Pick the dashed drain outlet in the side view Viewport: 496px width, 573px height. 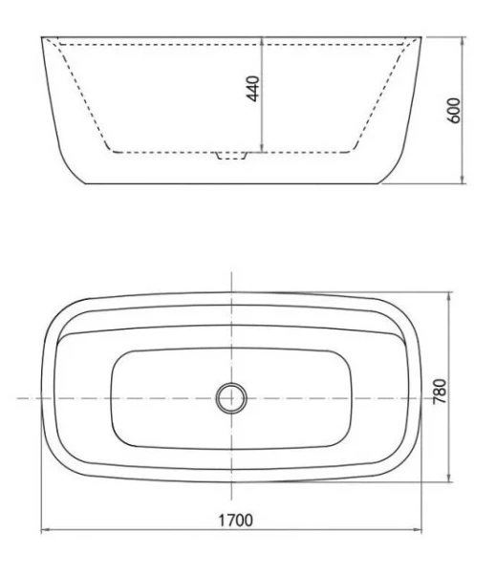(231, 154)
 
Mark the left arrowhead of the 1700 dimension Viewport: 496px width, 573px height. (44, 531)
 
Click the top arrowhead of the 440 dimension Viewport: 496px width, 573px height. (264, 40)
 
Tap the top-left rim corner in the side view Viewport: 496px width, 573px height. (42, 37)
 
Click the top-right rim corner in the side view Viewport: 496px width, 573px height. (421, 37)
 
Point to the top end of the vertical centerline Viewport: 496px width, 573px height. (231, 272)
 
